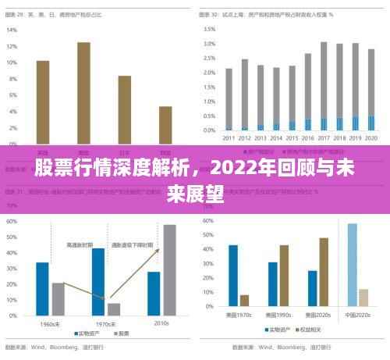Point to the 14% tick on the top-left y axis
point(12,30)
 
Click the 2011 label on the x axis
point(229,138)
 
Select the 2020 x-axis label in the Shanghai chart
point(370,138)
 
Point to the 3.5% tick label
point(210,29)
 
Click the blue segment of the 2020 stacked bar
point(370,123)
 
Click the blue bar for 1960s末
point(42,288)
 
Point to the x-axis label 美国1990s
point(278,315)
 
